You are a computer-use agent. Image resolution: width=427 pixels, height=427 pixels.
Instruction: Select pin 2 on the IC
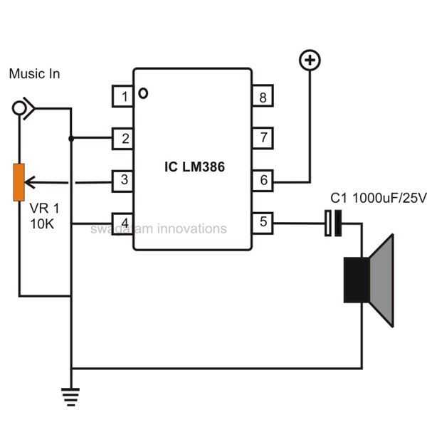(124, 138)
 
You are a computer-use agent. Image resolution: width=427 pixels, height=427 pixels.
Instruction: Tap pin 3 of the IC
(124, 180)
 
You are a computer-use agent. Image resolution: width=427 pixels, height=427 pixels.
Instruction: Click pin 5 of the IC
(263, 222)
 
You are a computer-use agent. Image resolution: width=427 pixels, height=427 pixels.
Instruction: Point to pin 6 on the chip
(263, 180)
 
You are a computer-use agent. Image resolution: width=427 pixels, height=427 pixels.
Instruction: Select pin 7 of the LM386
(263, 138)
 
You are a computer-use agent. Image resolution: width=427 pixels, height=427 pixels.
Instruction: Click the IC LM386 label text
(193, 166)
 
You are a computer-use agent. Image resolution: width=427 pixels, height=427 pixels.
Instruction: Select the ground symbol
(70, 396)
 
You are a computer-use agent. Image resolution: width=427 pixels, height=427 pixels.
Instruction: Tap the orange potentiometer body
(20, 182)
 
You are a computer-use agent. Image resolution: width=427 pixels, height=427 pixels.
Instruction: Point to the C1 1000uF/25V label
(378, 198)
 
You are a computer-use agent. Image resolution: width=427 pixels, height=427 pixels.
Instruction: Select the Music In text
(34, 74)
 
